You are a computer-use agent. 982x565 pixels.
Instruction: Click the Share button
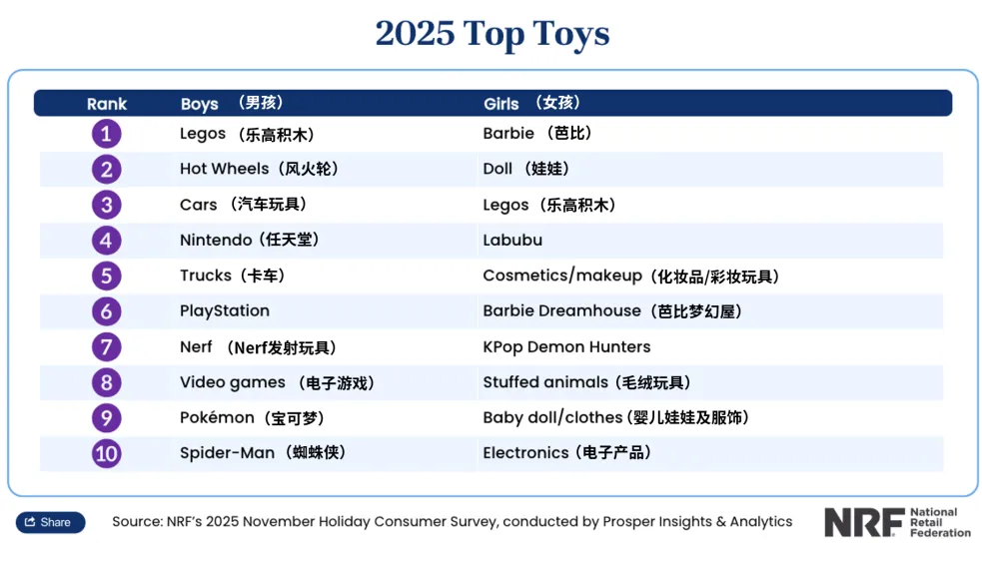coord(50,522)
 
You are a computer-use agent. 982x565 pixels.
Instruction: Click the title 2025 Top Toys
coord(491,34)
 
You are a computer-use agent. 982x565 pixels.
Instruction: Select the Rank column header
coord(107,104)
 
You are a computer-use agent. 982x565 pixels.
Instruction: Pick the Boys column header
coord(200,104)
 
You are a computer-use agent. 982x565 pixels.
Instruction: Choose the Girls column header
coord(501,104)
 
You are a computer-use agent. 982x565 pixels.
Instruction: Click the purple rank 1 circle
coord(107,134)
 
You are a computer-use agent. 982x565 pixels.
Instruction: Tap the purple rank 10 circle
coord(107,454)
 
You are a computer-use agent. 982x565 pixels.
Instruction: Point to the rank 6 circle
coord(107,311)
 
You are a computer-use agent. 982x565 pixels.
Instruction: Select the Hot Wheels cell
coord(259,169)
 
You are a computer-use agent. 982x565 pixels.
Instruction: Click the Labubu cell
coord(513,241)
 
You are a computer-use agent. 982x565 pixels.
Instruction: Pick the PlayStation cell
coord(225,311)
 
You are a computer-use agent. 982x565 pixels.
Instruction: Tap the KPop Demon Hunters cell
coord(566,347)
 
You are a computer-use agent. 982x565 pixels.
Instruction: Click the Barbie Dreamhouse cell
coord(611,311)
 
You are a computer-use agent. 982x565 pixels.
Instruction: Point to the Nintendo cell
coord(249,241)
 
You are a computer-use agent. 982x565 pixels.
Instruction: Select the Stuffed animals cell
coord(585,382)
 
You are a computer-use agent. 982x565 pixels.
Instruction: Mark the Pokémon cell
coord(251,418)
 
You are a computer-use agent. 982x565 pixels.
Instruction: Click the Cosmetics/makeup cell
coord(630,277)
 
